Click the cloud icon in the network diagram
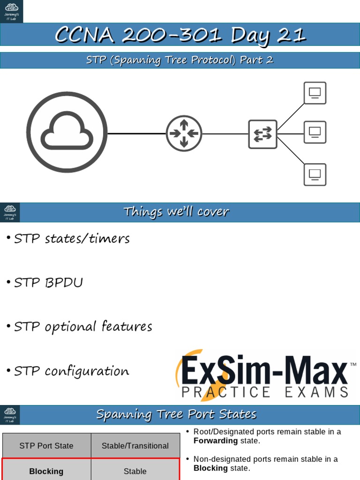pos(67,132)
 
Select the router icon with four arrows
pos(184,134)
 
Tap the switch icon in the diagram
pos(262,134)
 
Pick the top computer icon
pos(315,93)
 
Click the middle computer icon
pos(315,132)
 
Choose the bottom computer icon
pos(315,174)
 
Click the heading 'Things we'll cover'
pos(176,212)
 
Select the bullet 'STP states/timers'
pos(72,239)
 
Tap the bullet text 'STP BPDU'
pos(48,283)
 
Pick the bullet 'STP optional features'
pos(83,327)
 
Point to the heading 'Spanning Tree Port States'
pos(176,414)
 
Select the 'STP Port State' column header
pos(46,446)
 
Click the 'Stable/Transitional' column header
pos(135,446)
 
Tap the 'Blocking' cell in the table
pos(46,471)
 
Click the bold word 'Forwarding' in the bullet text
pos(216,441)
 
